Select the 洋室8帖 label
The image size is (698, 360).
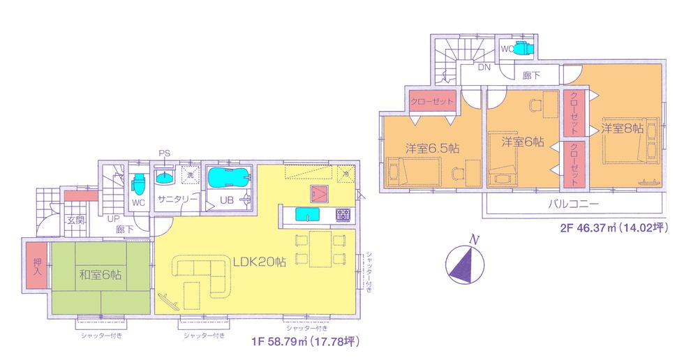coord(621,129)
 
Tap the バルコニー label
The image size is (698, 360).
coord(572,206)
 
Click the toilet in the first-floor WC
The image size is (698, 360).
coord(138,183)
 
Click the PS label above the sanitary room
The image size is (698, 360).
coord(164,153)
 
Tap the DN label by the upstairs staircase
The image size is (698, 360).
coord(483,68)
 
